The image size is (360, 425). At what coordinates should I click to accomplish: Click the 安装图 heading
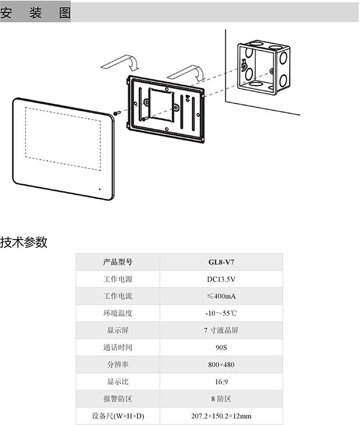tap(35, 13)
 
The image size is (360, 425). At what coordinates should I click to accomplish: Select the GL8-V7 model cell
tap(221, 262)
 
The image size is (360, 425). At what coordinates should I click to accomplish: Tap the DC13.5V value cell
tap(221, 279)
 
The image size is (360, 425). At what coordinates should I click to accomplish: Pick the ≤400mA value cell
tap(221, 296)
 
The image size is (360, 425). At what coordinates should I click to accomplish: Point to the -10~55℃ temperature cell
tap(221, 313)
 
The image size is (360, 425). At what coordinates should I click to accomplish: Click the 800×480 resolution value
tap(221, 364)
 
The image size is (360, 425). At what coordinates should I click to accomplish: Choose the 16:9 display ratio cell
tap(221, 381)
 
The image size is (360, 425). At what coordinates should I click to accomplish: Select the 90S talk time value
tap(221, 347)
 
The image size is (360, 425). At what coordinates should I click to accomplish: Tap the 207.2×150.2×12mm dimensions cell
tap(221, 416)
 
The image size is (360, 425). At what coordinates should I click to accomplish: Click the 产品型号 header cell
tap(118, 262)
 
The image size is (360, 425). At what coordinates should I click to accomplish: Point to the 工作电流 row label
tap(118, 296)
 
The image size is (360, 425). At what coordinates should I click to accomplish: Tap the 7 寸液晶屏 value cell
tap(221, 330)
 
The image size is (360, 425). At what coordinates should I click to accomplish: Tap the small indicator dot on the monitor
tap(100, 189)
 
